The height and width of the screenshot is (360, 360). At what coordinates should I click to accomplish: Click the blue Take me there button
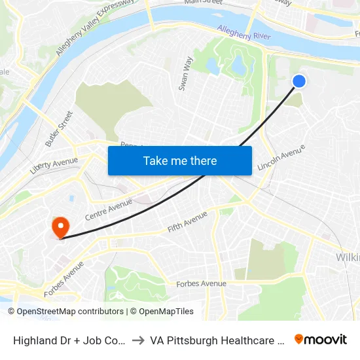(x=180, y=160)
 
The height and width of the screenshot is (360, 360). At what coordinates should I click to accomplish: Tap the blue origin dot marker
(x=298, y=81)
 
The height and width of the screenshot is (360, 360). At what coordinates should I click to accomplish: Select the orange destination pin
(x=60, y=227)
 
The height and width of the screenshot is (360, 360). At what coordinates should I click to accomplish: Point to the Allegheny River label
(x=243, y=33)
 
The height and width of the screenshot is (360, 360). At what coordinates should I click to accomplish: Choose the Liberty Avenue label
(x=54, y=165)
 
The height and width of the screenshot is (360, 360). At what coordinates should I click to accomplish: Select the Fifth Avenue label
(x=187, y=221)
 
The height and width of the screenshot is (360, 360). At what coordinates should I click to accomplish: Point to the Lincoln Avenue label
(x=281, y=158)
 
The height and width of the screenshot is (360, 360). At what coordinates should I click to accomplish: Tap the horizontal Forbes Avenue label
(x=201, y=283)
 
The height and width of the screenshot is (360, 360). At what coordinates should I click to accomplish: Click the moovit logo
(x=320, y=339)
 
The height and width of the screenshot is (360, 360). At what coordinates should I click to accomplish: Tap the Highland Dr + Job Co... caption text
(x=68, y=340)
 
